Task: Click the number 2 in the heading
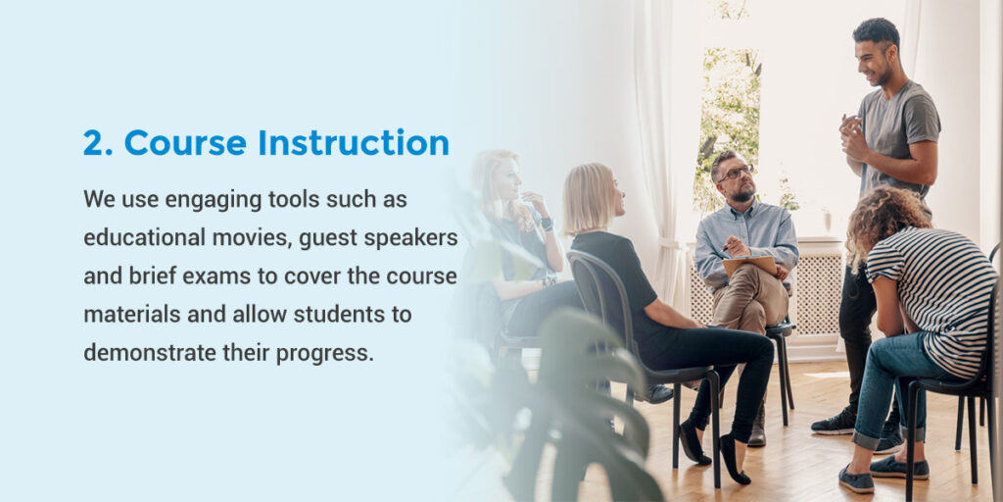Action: [x=94, y=142]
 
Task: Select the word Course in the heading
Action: [x=185, y=142]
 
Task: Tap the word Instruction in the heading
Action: [x=353, y=142]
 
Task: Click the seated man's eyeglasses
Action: [x=735, y=173]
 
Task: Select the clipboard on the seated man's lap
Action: [x=749, y=265]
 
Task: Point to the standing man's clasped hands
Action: [x=851, y=132]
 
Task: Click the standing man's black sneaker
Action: [x=835, y=423]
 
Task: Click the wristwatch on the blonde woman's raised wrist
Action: [x=546, y=224]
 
